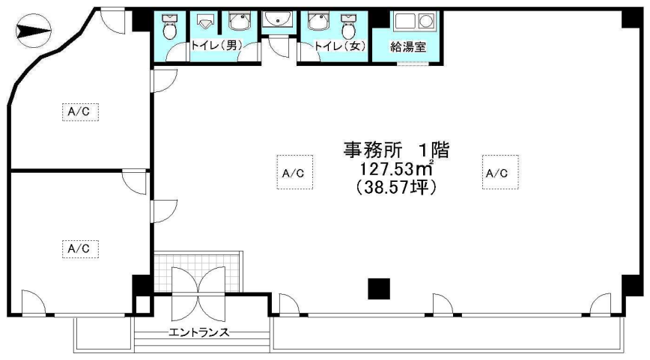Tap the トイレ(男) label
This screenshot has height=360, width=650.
click(x=216, y=46)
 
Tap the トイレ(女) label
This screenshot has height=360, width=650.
click(x=340, y=46)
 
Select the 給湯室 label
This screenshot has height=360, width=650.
click(x=408, y=47)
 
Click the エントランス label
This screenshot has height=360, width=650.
click(x=198, y=332)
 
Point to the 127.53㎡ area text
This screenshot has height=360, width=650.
click(x=396, y=168)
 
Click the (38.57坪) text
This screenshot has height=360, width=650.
click(x=396, y=188)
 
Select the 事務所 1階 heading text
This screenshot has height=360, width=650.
click(x=396, y=150)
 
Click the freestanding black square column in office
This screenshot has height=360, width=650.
click(x=379, y=289)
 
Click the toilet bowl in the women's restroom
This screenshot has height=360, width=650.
click(x=349, y=27)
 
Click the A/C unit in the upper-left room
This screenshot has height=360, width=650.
click(x=80, y=112)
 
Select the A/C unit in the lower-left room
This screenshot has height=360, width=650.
click(x=80, y=249)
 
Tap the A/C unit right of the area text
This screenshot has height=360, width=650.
click(x=500, y=172)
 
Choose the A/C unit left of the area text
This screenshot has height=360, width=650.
click(x=295, y=172)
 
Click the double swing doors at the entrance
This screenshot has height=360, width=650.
click(x=198, y=293)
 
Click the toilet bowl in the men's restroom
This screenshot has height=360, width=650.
click(x=169, y=27)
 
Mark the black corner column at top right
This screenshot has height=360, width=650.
click(x=632, y=19)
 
